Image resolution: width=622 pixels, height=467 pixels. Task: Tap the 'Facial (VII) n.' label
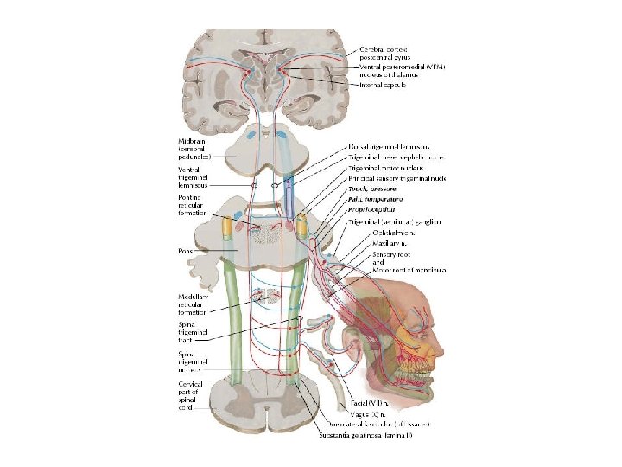369,404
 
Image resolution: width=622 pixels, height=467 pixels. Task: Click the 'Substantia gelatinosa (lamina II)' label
367,435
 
